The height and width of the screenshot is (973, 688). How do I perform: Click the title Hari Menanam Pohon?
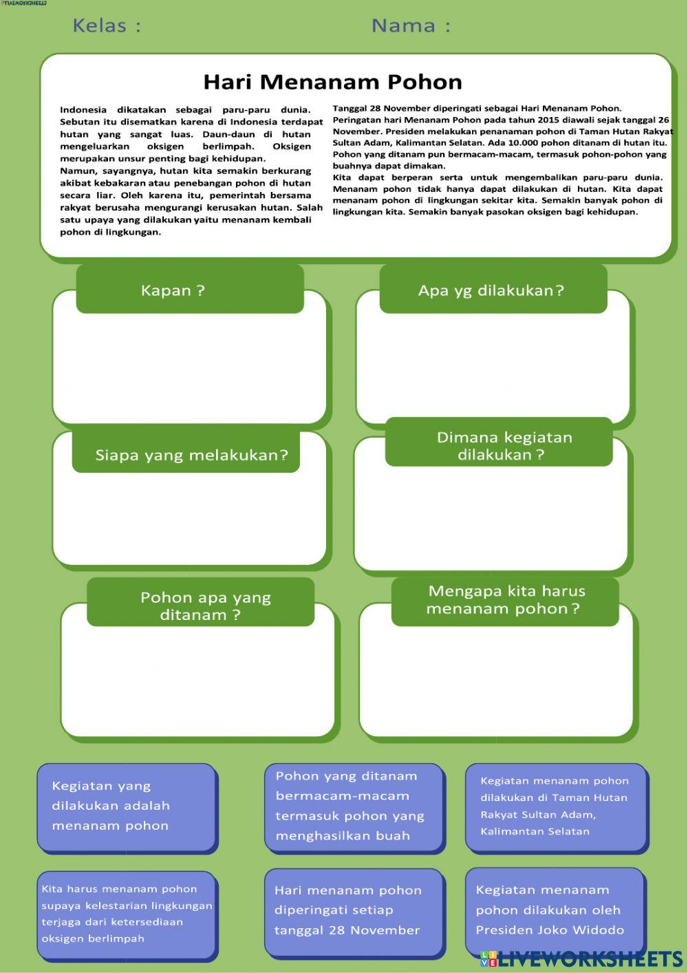click(x=332, y=82)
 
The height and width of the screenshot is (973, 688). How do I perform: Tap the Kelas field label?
click(x=107, y=26)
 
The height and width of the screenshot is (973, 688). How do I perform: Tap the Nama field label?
click(x=411, y=26)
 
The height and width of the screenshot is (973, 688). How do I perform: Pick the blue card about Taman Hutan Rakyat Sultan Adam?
click(x=555, y=806)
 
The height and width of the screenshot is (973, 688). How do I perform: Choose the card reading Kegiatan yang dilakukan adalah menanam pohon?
click(x=126, y=806)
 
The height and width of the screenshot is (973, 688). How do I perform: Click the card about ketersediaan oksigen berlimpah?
click(x=126, y=914)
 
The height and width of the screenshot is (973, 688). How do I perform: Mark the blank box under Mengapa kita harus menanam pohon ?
click(x=495, y=681)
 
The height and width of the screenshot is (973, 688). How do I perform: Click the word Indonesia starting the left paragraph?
click(x=83, y=109)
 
